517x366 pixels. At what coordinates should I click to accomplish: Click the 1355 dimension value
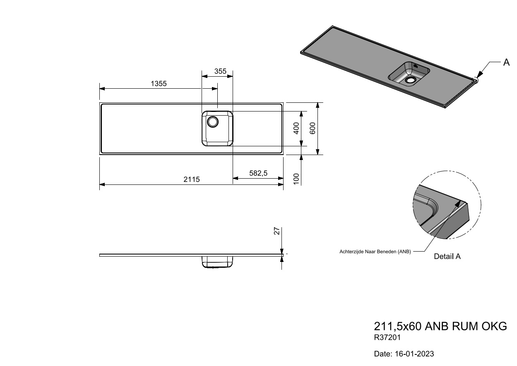pos(159,83)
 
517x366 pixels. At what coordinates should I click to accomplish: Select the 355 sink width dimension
pos(220,71)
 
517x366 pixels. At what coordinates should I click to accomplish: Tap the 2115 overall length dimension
pos(192,179)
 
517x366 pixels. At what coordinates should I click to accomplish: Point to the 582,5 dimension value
pos(258,173)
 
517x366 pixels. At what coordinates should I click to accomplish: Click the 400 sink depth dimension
pos(296,128)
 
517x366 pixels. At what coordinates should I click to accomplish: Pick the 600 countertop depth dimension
pos(312,128)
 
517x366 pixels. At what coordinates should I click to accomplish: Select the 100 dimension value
pos(296,179)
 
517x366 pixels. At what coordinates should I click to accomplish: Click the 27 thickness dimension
pos(277,231)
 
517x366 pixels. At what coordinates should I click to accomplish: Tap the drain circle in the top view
pos(213,121)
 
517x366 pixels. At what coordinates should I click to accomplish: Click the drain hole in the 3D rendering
pos(410,80)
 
